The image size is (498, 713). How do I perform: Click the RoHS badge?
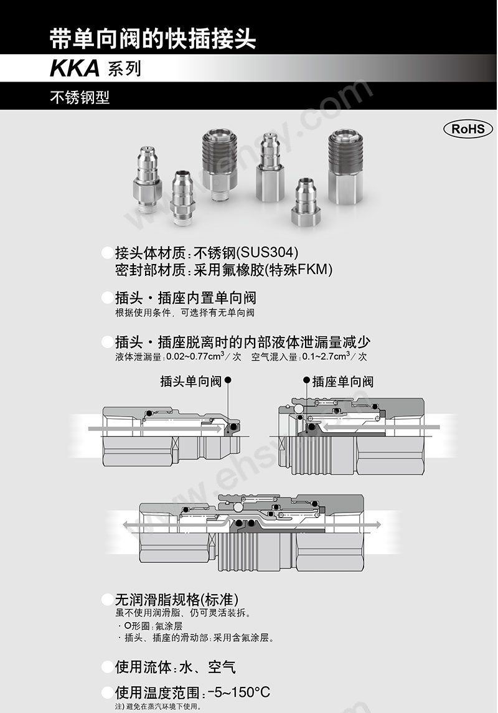pyautogui.click(x=467, y=129)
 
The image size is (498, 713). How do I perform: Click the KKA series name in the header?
pyautogui.click(x=75, y=68)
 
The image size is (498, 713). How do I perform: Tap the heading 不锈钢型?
pyautogui.click(x=80, y=98)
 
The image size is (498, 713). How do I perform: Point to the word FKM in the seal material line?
pyautogui.click(x=315, y=270)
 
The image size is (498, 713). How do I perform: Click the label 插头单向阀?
pyautogui.click(x=190, y=381)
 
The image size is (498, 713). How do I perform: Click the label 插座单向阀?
pyautogui.click(x=343, y=381)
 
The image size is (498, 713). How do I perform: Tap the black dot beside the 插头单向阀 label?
pyautogui.click(x=228, y=380)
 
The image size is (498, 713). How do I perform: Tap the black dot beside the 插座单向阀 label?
pyautogui.click(x=306, y=380)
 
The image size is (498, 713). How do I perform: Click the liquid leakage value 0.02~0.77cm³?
pyautogui.click(x=194, y=357)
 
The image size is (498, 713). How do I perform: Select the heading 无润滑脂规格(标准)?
pyautogui.click(x=177, y=600)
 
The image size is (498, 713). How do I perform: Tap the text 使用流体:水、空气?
pyautogui.click(x=175, y=667)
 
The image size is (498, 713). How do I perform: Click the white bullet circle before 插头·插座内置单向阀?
pyautogui.click(x=106, y=298)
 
